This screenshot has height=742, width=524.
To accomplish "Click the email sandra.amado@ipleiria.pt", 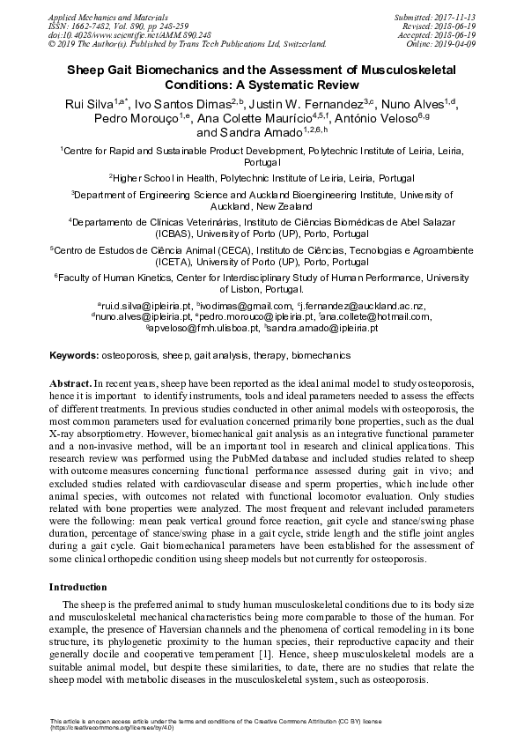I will pyautogui.click(x=322, y=328).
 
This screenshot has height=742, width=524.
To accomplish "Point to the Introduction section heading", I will pyautogui.click(x=77, y=586).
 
